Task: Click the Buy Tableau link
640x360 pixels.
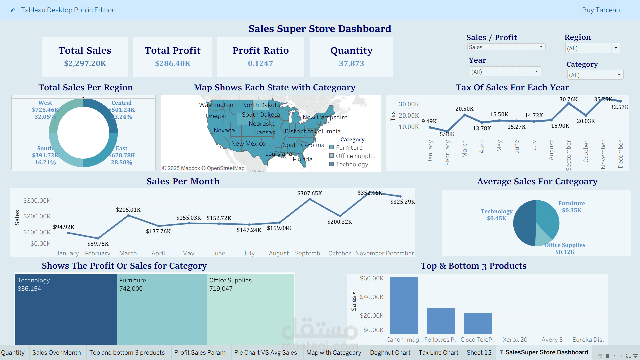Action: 601,10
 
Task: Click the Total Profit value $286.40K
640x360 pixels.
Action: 173,63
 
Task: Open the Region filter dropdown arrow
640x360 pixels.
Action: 616,48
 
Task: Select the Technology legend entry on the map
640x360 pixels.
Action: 352,164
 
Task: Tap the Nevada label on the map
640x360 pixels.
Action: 224,130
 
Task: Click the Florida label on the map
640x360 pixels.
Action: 302,159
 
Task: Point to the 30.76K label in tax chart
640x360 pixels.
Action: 568,99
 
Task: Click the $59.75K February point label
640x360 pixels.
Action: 98,244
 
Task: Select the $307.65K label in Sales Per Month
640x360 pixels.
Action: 310,193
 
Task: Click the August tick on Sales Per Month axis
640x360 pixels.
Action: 279,253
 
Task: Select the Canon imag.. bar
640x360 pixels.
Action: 404,305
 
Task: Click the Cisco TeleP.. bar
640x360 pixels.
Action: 478,323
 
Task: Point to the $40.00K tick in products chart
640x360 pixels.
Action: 371,297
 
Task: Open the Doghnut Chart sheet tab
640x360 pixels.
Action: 390,352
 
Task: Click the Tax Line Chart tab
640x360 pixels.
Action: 438,352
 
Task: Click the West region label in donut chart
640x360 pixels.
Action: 45,103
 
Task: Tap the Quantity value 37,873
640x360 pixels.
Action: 351,63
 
